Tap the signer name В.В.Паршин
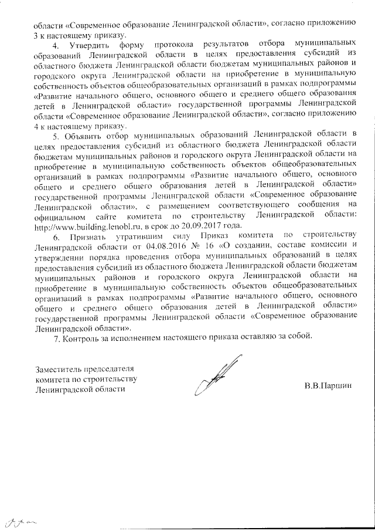click(329, 387)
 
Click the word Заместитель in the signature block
click(60, 370)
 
